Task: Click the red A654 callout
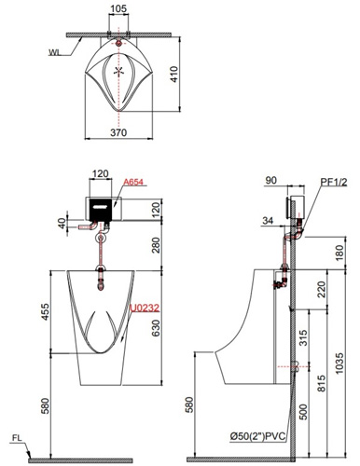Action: point(134,185)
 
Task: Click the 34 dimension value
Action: point(270,221)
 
